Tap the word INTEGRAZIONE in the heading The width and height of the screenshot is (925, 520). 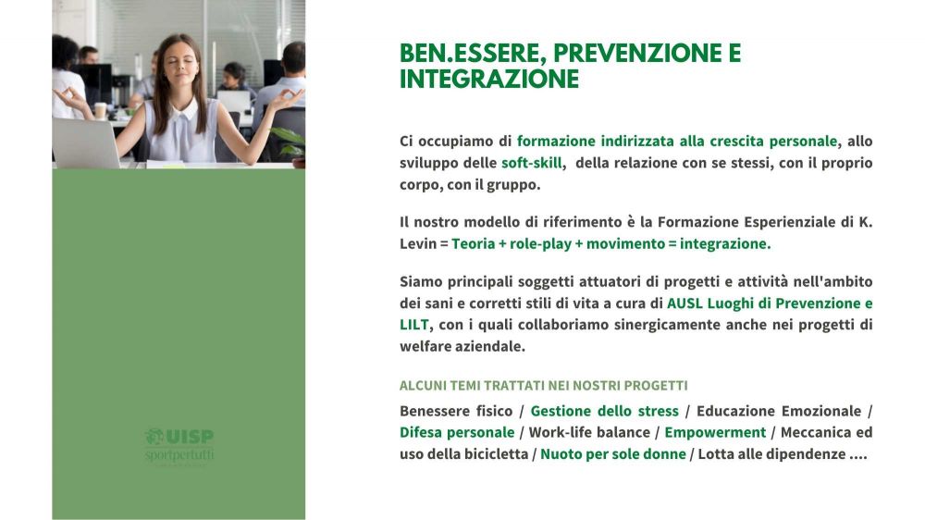pos(489,79)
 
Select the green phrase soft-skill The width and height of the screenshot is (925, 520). pos(532,163)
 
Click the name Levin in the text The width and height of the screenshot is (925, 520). pos(418,243)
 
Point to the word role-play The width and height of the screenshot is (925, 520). pos(540,243)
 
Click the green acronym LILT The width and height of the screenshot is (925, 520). pos(413,325)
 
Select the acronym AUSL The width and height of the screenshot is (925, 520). pos(684,303)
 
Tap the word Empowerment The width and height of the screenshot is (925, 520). pos(715,433)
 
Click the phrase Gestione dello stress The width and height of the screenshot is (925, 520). pos(605,411)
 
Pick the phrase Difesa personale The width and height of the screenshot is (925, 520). pos(457,433)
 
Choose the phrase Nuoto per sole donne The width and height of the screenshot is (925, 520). pos(613,454)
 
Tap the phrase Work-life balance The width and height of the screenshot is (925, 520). pos(589,433)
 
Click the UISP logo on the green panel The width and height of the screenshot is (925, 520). pos(179,447)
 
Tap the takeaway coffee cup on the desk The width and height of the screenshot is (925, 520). pos(100,110)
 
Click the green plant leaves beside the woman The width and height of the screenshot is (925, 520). pos(290,142)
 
